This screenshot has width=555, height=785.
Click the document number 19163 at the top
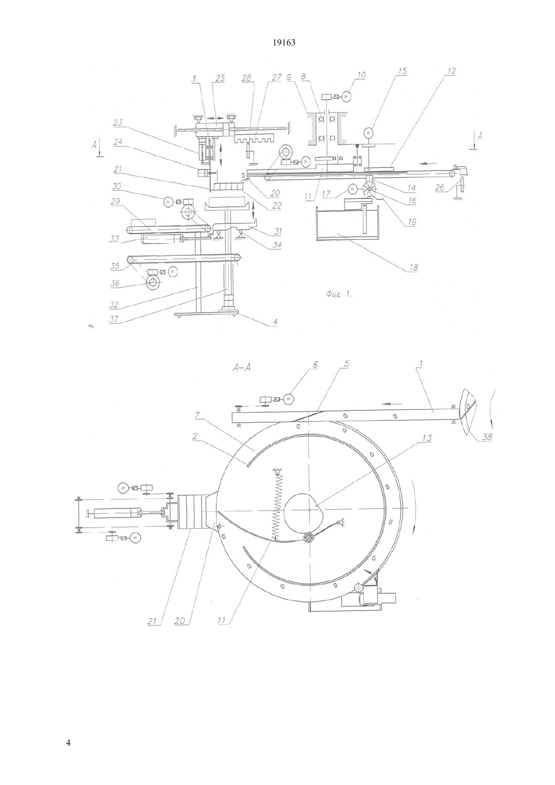tap(284, 43)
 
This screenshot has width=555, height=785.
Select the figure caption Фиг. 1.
tap(339, 295)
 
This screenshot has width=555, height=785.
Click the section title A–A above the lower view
tap(242, 368)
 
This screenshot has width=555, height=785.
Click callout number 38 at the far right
tap(487, 437)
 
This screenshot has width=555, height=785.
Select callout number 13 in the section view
tap(427, 438)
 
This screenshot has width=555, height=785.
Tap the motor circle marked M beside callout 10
tap(346, 96)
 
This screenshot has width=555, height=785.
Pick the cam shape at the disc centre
tap(304, 513)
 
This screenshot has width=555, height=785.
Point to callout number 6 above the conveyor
tap(315, 365)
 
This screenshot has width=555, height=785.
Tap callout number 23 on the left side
tap(118, 123)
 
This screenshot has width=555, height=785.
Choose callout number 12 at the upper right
tap(452, 71)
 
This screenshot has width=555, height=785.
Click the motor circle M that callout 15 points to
tap(368, 133)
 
